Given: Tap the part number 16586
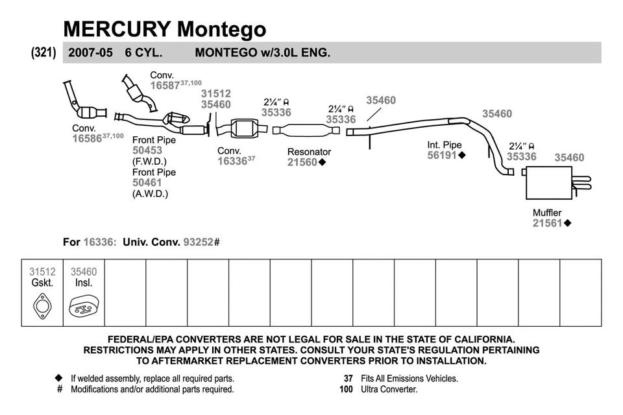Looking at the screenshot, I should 87,139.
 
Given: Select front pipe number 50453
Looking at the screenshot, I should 147,150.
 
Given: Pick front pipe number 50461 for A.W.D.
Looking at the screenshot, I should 147,183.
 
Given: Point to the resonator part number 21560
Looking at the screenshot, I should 302,163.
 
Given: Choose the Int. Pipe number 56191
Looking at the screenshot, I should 442,156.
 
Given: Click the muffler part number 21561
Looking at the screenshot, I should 547,223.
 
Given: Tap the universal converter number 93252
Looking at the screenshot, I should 199,242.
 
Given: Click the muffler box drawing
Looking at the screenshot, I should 548,183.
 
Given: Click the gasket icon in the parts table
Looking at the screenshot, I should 42,305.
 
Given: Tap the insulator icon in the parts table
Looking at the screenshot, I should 84,306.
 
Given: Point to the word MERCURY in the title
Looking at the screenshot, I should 117,29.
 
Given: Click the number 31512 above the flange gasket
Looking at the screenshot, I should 215,94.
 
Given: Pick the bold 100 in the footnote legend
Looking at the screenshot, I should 346,390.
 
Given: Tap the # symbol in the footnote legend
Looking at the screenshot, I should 60,390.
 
